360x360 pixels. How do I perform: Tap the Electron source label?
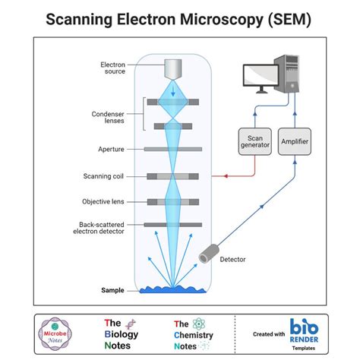[112, 68]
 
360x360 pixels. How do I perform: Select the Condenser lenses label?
[109, 118]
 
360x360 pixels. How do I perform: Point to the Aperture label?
[111, 150]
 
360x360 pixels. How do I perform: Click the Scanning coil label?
[104, 176]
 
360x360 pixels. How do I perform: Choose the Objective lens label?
[103, 201]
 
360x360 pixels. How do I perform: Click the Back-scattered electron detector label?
[102, 229]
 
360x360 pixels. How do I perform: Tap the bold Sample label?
[112, 289]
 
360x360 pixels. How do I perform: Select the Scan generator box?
[254, 141]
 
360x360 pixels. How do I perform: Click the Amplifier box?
[294, 141]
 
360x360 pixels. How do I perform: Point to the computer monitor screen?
[262, 75]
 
